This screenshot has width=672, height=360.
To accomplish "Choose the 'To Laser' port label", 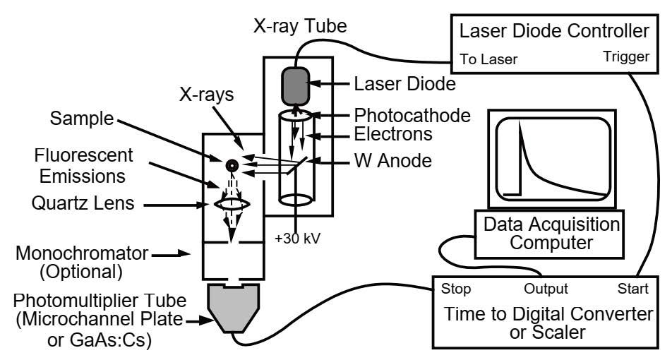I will pos(489,60).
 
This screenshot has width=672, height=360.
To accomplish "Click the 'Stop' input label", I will pos(455,289).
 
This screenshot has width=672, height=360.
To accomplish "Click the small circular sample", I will pos(230,165).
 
